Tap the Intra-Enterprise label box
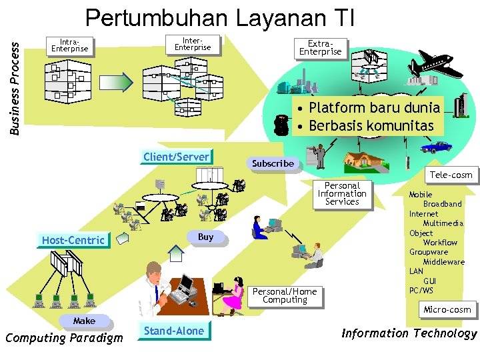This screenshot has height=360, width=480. (x=69, y=45)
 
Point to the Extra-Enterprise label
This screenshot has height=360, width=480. (x=320, y=48)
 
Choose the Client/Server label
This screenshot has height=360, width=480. (x=176, y=157)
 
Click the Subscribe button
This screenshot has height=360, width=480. (x=273, y=163)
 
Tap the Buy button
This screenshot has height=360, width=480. (x=206, y=237)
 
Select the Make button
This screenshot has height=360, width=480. (x=84, y=321)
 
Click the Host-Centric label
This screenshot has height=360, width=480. (x=73, y=240)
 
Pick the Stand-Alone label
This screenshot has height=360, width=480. (x=173, y=331)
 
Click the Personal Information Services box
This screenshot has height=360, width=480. (x=342, y=194)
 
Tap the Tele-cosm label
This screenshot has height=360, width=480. (x=451, y=175)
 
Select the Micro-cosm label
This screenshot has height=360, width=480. (x=447, y=309)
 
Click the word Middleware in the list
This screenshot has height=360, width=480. (x=443, y=262)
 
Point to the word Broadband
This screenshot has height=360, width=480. (x=442, y=204)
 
